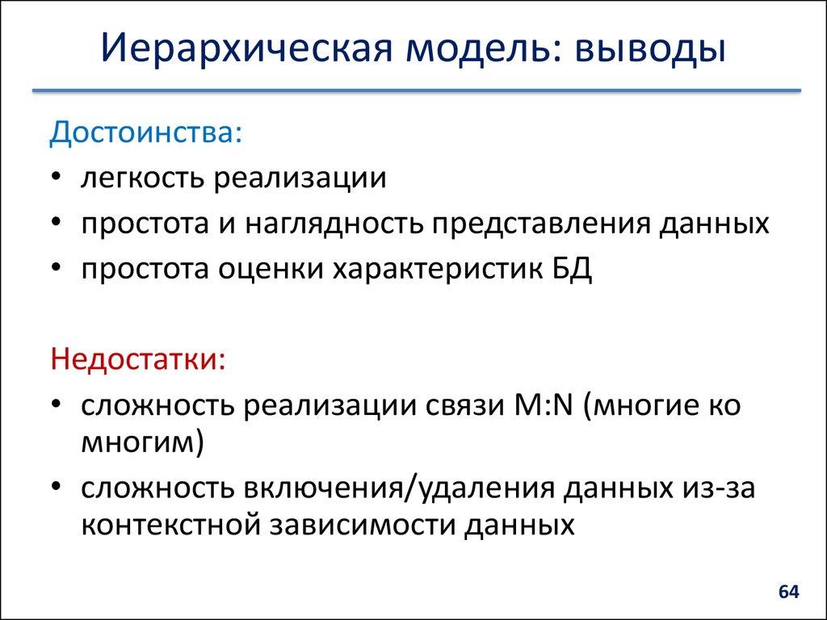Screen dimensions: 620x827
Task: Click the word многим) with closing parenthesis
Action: [x=141, y=443]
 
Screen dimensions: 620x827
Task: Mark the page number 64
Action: [x=788, y=593]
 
